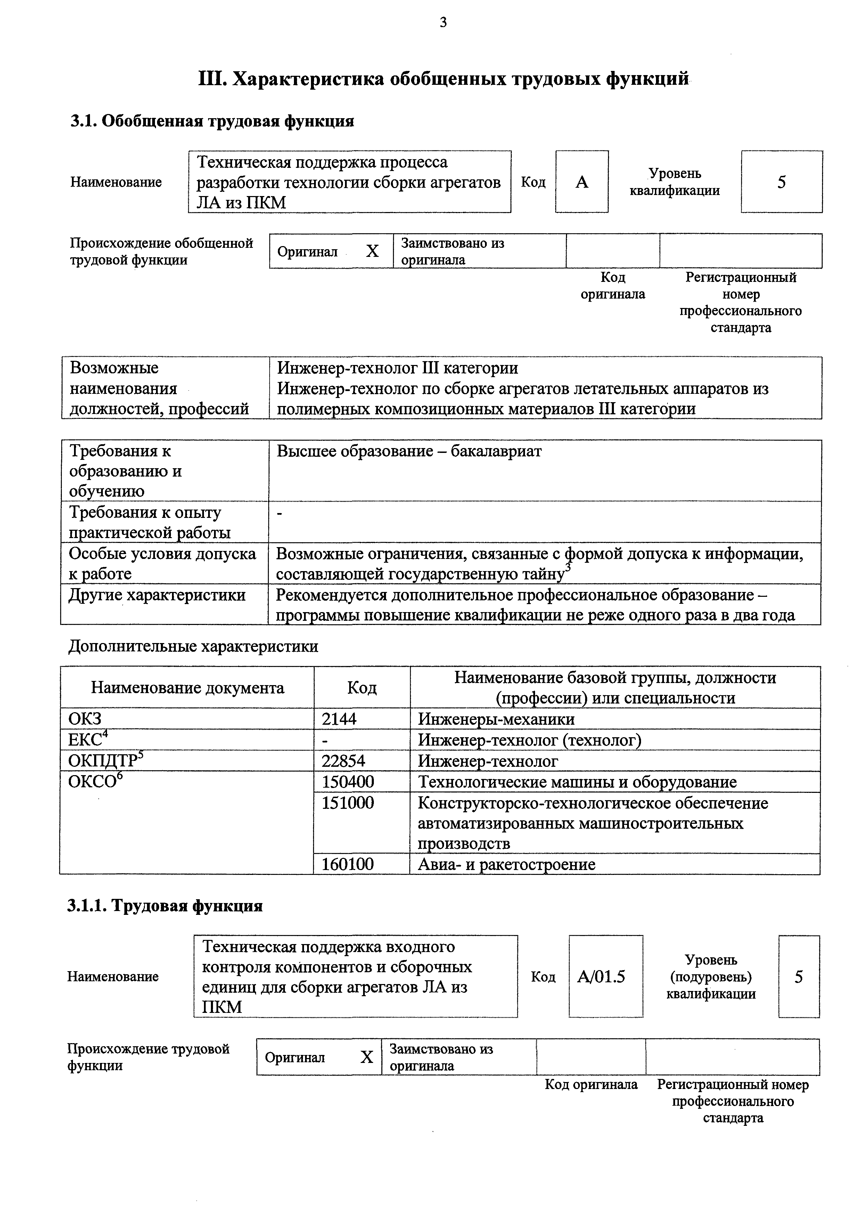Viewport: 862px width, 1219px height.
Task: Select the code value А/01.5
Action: (x=601, y=976)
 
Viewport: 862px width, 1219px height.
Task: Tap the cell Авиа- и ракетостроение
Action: (x=507, y=864)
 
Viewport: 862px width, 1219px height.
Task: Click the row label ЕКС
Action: (x=85, y=740)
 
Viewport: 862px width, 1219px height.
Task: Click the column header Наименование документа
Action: (x=187, y=688)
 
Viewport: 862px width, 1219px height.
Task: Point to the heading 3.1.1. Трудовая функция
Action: (x=165, y=906)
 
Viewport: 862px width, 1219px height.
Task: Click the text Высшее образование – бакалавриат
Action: (x=409, y=451)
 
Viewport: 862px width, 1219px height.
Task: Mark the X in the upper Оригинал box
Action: (x=372, y=251)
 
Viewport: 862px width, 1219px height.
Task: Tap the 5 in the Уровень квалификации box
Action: (x=781, y=182)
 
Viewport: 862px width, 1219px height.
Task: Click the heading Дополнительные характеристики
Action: (x=194, y=646)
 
